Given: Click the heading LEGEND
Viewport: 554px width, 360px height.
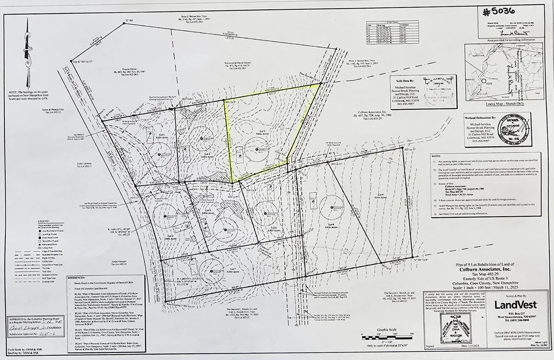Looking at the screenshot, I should pos(44,222).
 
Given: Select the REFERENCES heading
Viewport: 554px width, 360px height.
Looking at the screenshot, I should pos(76,277).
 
